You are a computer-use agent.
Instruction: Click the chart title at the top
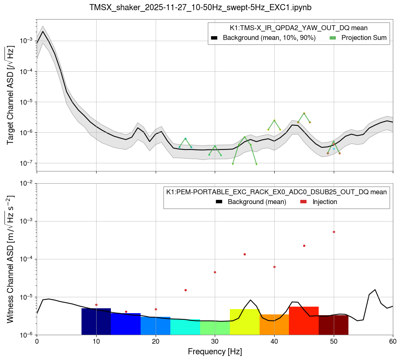pyautogui.click(x=200, y=7)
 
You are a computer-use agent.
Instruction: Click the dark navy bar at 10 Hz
pyautogui.click(x=96, y=321)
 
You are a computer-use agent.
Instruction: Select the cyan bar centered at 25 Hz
pyautogui.click(x=185, y=327)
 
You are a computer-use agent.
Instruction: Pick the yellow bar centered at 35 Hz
pyautogui.click(x=245, y=322)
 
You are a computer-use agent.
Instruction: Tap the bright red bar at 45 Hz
pyautogui.click(x=304, y=320)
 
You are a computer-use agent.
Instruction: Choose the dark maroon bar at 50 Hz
pyautogui.click(x=333, y=325)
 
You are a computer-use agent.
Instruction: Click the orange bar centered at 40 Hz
pyautogui.click(x=274, y=324)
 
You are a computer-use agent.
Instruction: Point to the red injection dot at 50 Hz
pyautogui.click(x=334, y=232)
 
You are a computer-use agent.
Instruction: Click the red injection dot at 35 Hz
pyautogui.click(x=245, y=254)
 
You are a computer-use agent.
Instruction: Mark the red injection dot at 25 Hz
pyautogui.click(x=185, y=290)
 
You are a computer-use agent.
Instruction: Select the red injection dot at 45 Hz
pyautogui.click(x=304, y=246)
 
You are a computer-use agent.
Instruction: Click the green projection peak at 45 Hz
pyautogui.click(x=304, y=114)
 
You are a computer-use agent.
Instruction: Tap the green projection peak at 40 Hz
pyautogui.click(x=274, y=120)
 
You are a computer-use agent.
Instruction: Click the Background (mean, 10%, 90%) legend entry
pyautogui.click(x=263, y=38)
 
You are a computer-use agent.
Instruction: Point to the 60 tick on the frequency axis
pyautogui.click(x=393, y=341)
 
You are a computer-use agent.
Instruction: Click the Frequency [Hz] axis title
pyautogui.click(x=215, y=351)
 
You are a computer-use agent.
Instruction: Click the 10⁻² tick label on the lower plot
pyautogui.click(x=26, y=184)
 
